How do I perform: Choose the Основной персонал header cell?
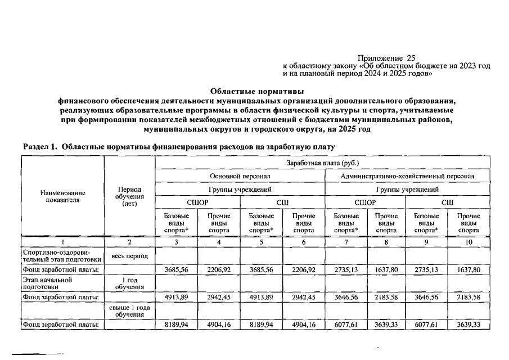click(240, 176)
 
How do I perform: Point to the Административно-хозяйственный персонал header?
click(407, 176)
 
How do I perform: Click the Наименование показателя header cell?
click(63, 196)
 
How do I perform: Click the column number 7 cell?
click(346, 242)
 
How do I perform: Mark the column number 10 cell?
click(469, 242)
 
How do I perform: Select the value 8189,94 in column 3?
click(176, 325)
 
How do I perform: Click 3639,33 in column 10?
click(469, 325)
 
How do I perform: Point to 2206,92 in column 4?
click(219, 269)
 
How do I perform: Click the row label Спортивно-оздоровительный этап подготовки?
click(62, 256)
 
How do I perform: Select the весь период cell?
click(129, 256)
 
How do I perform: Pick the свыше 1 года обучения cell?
click(129, 311)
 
